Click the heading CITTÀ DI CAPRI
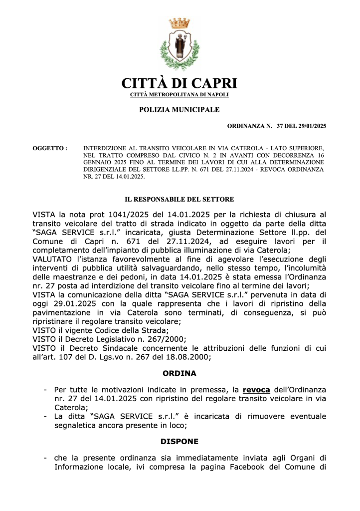[180, 83]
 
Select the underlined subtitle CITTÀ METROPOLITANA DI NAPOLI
[180, 94]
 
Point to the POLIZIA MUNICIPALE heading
[179, 109]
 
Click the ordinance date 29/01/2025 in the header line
[309, 126]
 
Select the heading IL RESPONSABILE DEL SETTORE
[180, 199]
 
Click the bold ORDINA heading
[180, 373]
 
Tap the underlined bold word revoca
[256, 389]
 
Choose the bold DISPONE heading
[180, 442]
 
